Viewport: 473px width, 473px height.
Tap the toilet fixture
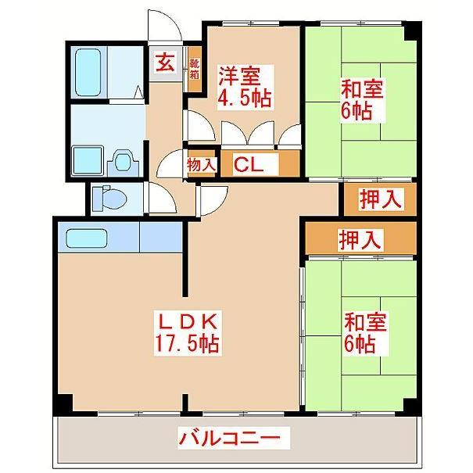pos(109,199)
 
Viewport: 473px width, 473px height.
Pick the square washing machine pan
pos(88,160)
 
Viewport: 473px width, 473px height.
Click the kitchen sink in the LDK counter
pos(85,237)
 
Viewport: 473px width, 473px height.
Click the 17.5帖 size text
pos(186,343)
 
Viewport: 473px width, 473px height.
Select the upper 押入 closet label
pos(380,199)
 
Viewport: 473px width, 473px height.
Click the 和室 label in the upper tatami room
pos(360,88)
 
